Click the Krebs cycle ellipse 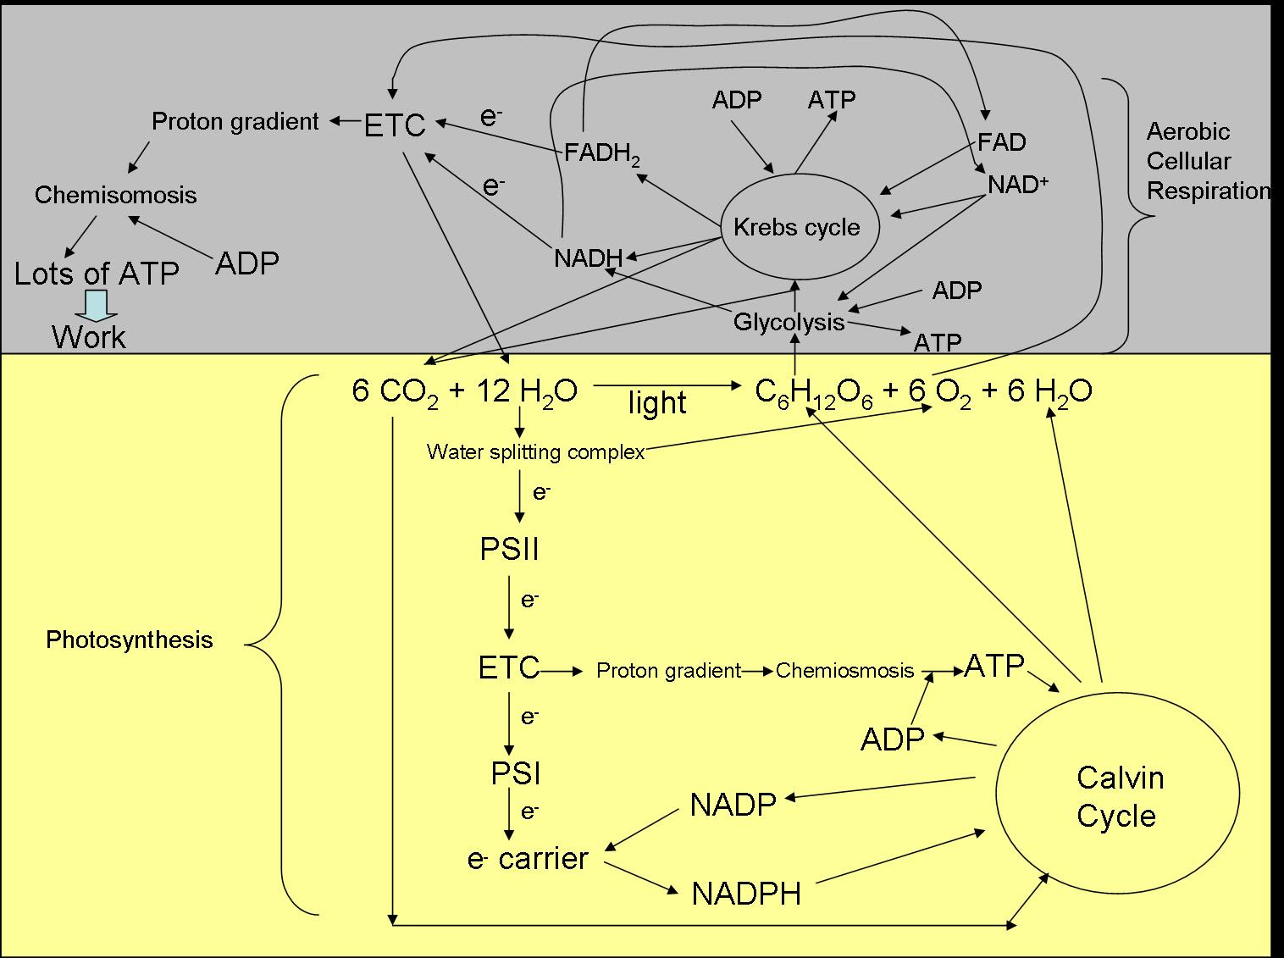(x=796, y=226)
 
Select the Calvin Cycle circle (x=1117, y=795)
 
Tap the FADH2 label (x=602, y=155)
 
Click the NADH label (x=588, y=257)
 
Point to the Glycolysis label (x=789, y=322)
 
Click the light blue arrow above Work (x=96, y=305)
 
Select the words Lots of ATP (x=97, y=274)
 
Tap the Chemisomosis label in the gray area (x=115, y=195)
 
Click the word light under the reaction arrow (x=656, y=403)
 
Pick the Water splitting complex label (x=535, y=451)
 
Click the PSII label (x=509, y=550)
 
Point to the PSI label (x=516, y=773)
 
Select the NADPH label (x=746, y=894)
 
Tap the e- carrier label (x=528, y=858)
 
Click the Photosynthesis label (x=129, y=640)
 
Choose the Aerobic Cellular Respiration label (x=1207, y=161)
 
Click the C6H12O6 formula (x=813, y=391)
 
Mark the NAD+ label (x=1018, y=184)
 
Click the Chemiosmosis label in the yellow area (x=844, y=671)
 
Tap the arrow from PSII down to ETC (x=509, y=607)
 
